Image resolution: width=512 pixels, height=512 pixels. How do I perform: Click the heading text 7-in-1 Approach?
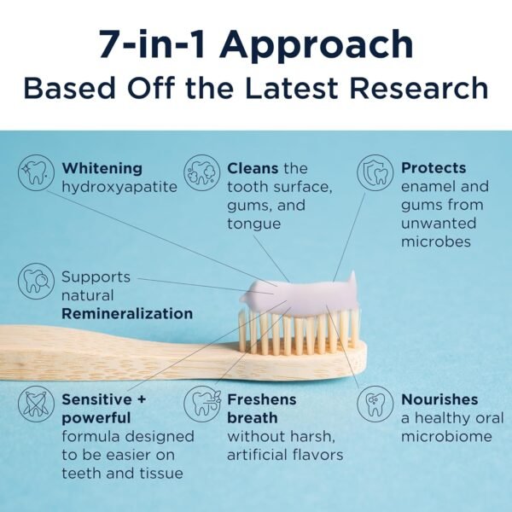(x=255, y=44)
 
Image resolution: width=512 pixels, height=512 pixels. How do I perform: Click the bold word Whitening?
(x=102, y=168)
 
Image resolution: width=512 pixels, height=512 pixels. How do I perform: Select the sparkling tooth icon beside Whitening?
(x=35, y=173)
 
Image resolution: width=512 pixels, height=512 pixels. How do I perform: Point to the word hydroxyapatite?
(x=119, y=186)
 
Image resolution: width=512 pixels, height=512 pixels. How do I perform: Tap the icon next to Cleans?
(x=202, y=173)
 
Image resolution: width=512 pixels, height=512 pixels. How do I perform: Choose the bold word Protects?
(x=433, y=168)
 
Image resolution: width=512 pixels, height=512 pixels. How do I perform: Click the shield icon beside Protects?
(x=375, y=173)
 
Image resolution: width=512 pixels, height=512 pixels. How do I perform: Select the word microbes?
(x=436, y=241)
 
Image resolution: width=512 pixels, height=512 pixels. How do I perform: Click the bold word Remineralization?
(x=127, y=313)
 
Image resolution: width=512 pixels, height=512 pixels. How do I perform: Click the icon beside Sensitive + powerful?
(x=35, y=404)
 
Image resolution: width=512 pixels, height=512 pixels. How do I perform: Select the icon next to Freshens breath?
(x=202, y=404)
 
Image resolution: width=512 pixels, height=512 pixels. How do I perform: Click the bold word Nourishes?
(x=439, y=399)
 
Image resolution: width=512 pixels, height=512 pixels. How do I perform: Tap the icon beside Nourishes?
(x=375, y=404)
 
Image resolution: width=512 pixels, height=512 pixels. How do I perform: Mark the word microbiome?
(x=446, y=436)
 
